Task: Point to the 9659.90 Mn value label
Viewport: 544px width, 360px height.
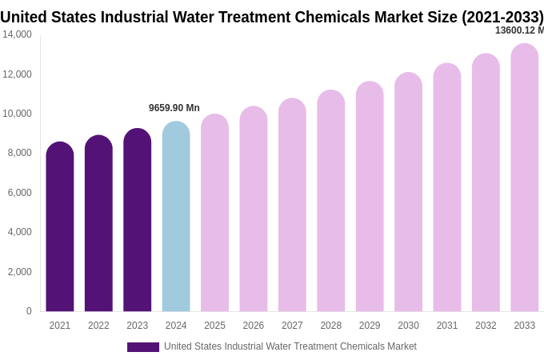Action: pyautogui.click(x=174, y=108)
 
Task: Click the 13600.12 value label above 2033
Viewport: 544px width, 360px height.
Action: pyautogui.click(x=518, y=30)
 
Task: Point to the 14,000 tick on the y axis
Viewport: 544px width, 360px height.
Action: pyautogui.click(x=17, y=34)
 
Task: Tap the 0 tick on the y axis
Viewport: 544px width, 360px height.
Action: pyautogui.click(x=29, y=311)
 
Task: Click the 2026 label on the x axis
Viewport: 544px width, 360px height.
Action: pyautogui.click(x=254, y=326)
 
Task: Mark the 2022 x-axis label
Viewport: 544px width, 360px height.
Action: pyautogui.click(x=98, y=326)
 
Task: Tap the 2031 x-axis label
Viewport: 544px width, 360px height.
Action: pyautogui.click(x=447, y=326)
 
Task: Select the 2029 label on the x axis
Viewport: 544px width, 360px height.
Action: pyautogui.click(x=370, y=326)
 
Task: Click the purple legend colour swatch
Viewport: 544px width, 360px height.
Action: pyautogui.click(x=143, y=347)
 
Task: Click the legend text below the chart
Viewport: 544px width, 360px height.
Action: pyautogui.click(x=290, y=346)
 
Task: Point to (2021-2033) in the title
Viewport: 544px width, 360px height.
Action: pyautogui.click(x=502, y=17)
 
